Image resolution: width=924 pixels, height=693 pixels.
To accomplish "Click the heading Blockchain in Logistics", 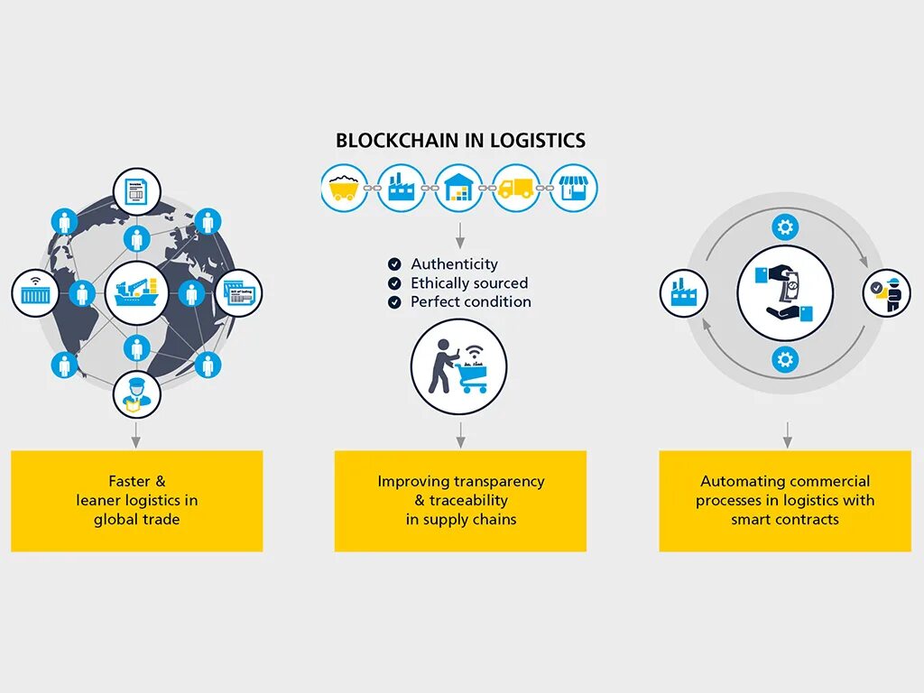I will (x=460, y=141).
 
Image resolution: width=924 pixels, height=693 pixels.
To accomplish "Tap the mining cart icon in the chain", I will (x=345, y=188).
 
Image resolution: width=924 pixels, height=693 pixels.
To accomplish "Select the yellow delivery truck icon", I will (x=516, y=188).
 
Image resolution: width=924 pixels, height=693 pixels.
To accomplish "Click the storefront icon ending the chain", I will (x=574, y=188).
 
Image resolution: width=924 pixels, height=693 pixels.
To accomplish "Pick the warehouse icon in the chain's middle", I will (x=458, y=188).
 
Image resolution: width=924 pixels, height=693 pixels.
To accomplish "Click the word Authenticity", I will (x=454, y=264).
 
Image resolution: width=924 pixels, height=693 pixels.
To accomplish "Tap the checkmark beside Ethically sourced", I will (x=394, y=283).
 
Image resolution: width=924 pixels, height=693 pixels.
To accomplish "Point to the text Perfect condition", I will (x=470, y=302).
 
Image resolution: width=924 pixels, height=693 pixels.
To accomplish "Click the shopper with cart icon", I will (x=458, y=366).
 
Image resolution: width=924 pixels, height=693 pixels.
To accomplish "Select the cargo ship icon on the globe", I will (x=136, y=293).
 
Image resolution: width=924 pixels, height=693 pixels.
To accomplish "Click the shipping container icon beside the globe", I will (x=35, y=293).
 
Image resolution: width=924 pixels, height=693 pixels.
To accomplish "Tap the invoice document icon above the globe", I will (x=136, y=191).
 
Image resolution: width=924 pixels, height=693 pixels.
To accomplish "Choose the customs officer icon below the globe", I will (x=136, y=394).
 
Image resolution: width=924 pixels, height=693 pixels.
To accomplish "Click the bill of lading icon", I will (x=238, y=293).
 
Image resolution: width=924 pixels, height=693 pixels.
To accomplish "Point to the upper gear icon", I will (x=785, y=226).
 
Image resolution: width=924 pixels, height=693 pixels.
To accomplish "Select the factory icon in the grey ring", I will (x=684, y=293).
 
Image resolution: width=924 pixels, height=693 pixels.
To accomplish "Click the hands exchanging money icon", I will (x=785, y=293).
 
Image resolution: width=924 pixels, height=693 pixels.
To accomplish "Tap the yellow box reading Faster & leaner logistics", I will (x=136, y=501).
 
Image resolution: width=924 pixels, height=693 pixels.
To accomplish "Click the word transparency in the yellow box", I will (x=499, y=482).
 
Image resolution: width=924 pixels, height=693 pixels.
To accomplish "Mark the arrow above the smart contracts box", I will (x=787, y=434).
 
